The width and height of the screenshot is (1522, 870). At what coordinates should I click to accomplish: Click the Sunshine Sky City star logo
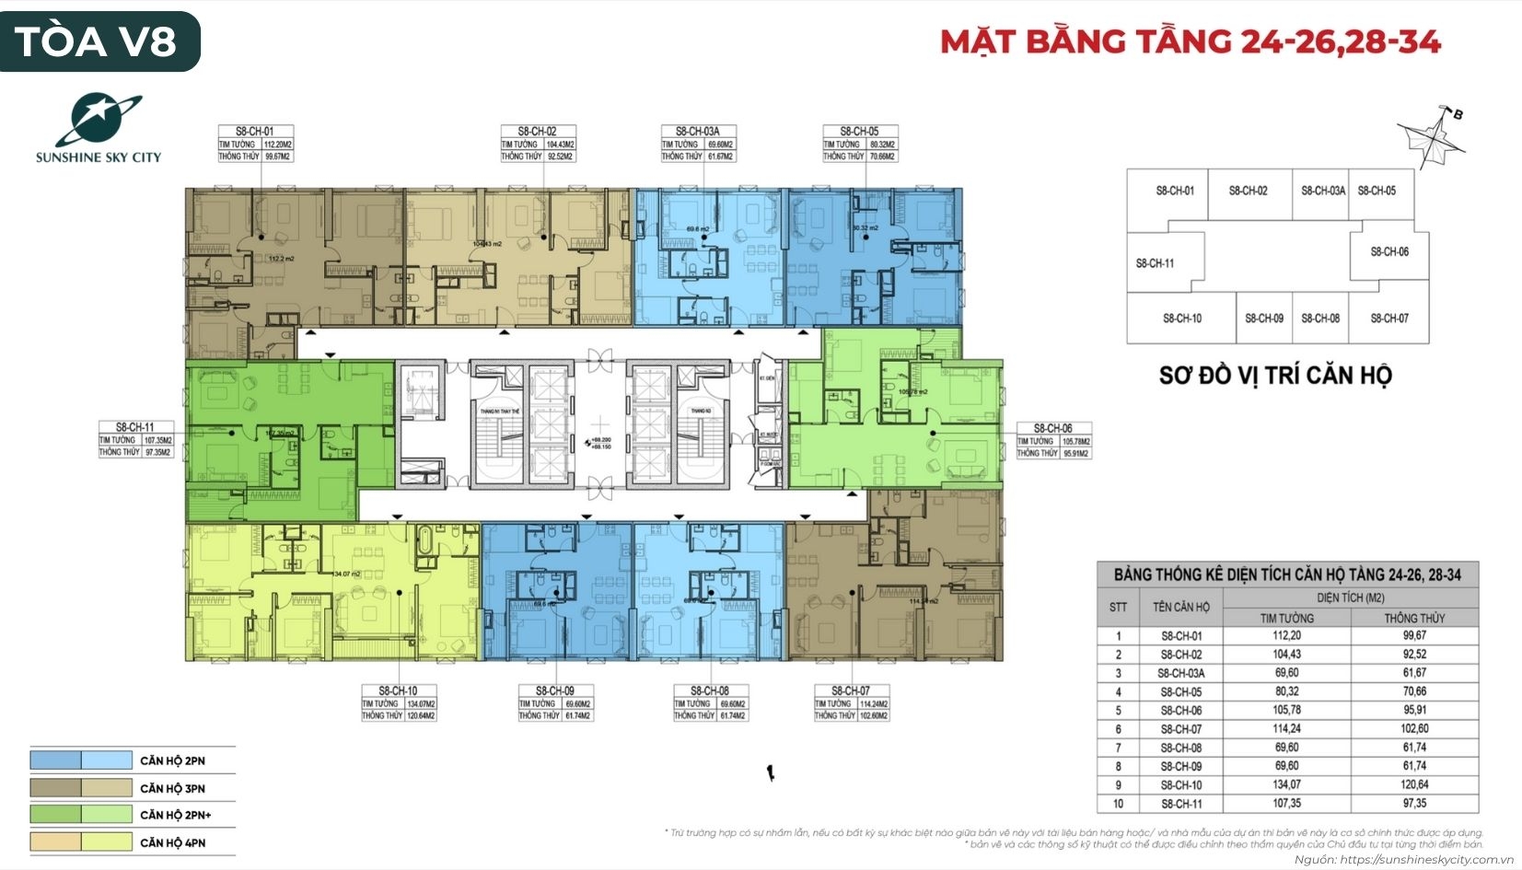98,120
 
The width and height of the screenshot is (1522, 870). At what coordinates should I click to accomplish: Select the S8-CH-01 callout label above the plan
254,144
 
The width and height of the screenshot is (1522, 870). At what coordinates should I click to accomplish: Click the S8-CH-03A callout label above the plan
697,144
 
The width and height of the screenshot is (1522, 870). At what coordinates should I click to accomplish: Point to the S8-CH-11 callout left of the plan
135,439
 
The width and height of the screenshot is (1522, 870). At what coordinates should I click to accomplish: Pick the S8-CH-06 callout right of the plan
1052,440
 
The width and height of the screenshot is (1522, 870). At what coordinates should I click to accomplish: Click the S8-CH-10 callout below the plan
398,702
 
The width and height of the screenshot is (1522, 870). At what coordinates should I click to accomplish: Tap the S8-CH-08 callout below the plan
709,702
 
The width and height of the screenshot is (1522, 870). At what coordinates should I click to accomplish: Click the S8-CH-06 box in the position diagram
1389,251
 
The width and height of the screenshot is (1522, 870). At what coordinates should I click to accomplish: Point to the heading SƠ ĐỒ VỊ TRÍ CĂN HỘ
1275,376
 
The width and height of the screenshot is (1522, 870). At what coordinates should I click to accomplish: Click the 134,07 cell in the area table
1286,784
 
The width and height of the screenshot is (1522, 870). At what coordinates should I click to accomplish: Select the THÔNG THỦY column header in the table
1414,618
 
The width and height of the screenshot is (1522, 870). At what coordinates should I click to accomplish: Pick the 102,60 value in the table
1414,728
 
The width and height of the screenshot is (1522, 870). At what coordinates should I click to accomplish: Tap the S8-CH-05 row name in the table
1180,691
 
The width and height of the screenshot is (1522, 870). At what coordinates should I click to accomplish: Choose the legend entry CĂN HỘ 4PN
172,842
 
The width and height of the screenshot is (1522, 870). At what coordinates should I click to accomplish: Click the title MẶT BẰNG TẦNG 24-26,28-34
1190,42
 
